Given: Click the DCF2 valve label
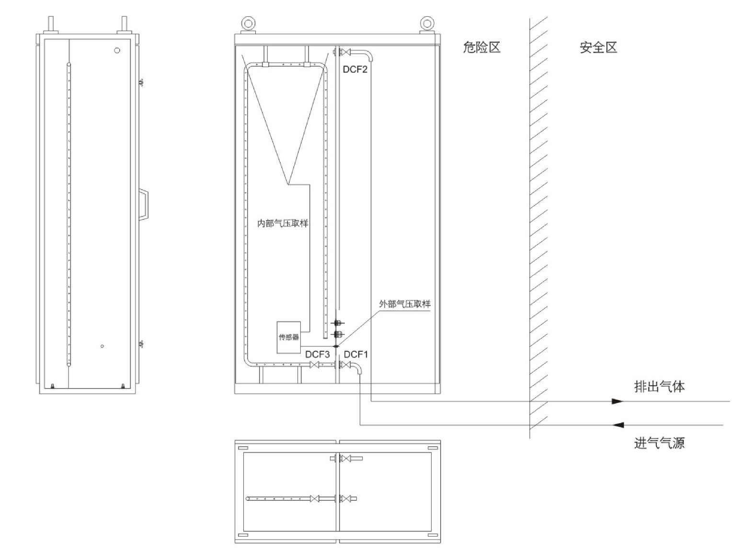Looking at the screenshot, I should (355, 69).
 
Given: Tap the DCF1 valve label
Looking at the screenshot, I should (356, 355).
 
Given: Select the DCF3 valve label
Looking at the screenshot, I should (318, 355).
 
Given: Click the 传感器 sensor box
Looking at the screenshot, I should (289, 337).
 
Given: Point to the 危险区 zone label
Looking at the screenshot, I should (481, 47).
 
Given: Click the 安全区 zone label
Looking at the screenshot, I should (598, 47).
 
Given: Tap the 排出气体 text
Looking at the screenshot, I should (660, 387).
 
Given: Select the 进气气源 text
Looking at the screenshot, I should (660, 443).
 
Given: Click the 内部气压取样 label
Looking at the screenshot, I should (283, 223).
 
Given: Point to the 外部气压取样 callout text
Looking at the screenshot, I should (405, 304).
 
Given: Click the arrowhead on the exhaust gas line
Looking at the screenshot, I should (618, 401).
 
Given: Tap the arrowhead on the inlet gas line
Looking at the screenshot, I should (618, 425).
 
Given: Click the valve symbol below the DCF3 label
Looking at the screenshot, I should (315, 365).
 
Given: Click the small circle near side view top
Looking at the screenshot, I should (117, 50).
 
